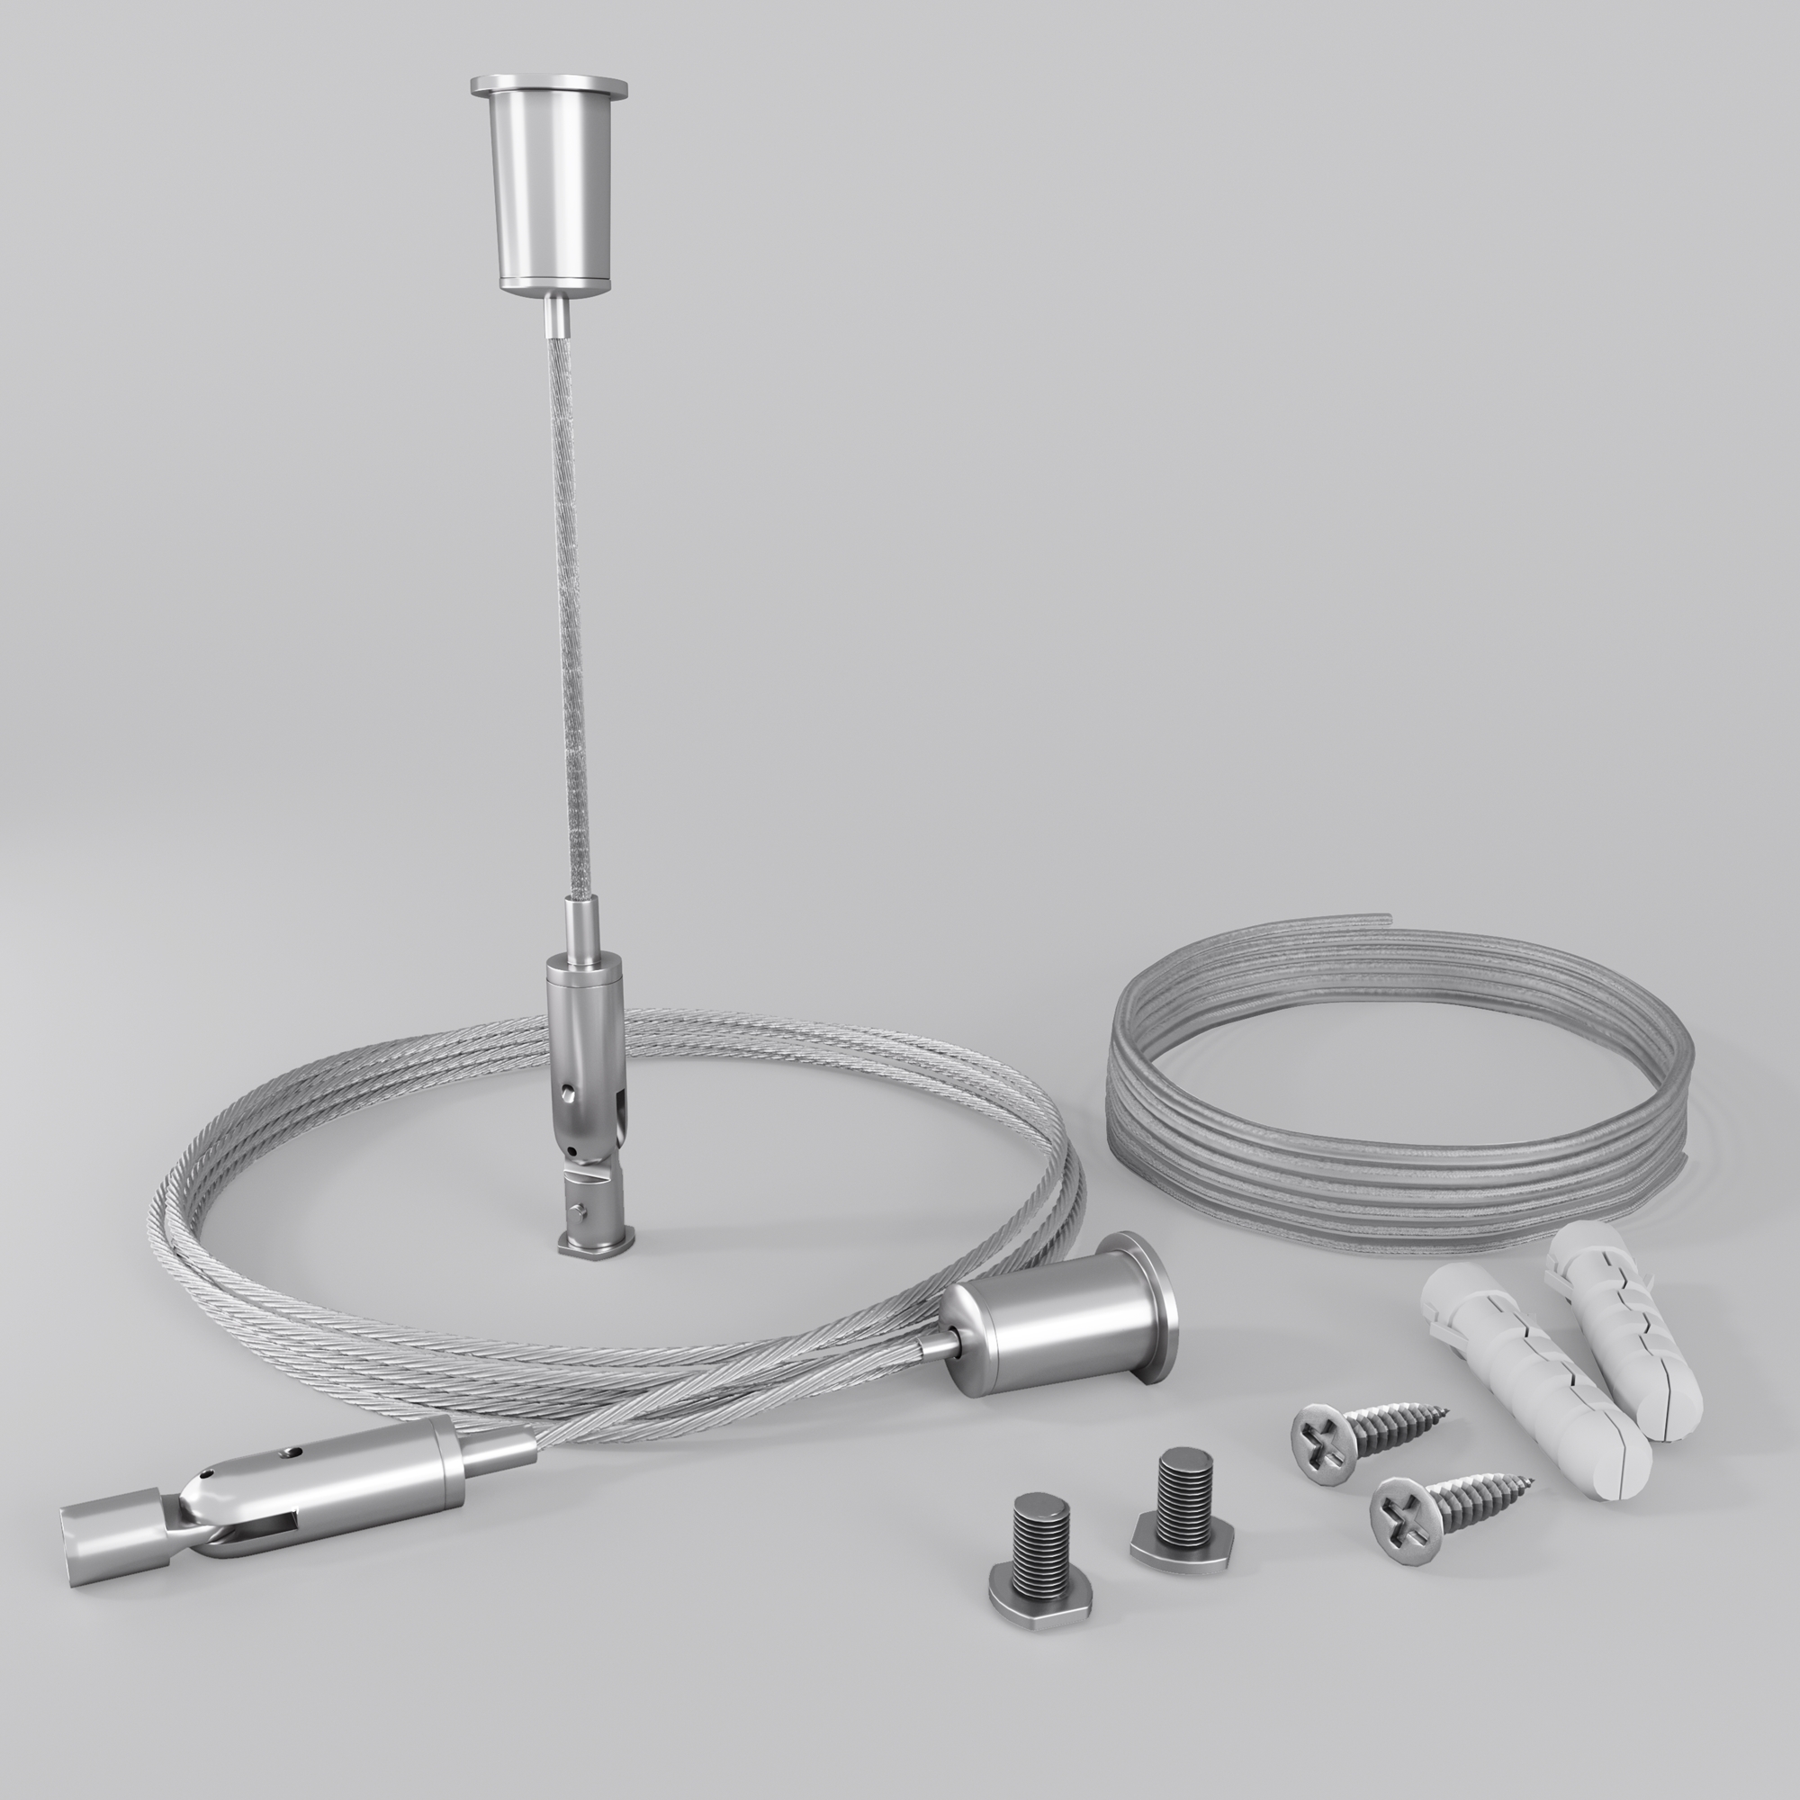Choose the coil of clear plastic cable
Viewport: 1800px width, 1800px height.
tap(1398, 1100)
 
